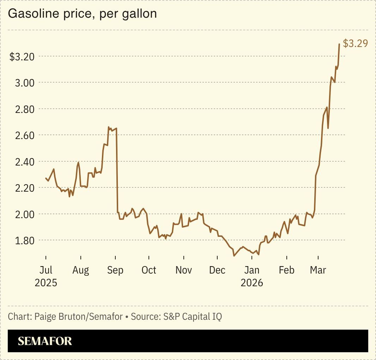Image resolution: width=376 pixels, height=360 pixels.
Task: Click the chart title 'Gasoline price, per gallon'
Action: click(x=82, y=14)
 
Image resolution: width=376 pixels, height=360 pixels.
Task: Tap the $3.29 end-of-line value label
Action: click(x=355, y=43)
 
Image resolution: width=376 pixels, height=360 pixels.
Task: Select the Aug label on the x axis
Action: click(x=80, y=270)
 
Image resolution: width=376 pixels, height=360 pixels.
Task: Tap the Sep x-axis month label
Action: click(x=115, y=270)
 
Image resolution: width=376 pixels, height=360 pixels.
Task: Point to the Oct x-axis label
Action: click(x=149, y=270)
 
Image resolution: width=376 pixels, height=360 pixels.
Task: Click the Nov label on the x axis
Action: click(x=183, y=270)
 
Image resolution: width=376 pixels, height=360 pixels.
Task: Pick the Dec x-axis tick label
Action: click(x=217, y=270)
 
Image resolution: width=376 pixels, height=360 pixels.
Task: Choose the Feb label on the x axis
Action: click(x=286, y=270)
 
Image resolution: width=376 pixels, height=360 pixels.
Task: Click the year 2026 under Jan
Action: click(x=252, y=283)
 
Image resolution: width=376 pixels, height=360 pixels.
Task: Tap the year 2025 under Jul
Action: click(x=46, y=283)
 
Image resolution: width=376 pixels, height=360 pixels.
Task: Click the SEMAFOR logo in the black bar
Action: click(x=45, y=341)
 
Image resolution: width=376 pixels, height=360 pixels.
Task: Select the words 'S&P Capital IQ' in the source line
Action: click(x=193, y=316)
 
